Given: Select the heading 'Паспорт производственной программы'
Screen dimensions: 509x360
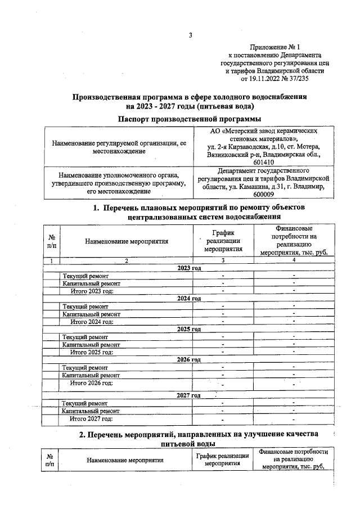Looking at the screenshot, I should [190, 118].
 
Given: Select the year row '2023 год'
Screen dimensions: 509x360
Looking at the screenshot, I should [189, 268].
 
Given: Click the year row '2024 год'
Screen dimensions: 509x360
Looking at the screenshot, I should [189, 298].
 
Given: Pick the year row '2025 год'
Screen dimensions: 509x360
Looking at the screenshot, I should [189, 328].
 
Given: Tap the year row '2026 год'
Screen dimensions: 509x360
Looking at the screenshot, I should [189, 359].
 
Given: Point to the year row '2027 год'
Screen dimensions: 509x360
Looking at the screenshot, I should [189, 395].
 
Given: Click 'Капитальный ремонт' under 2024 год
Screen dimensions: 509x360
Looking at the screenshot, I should [91, 314].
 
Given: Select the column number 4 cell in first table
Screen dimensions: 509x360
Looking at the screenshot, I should [294, 260].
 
